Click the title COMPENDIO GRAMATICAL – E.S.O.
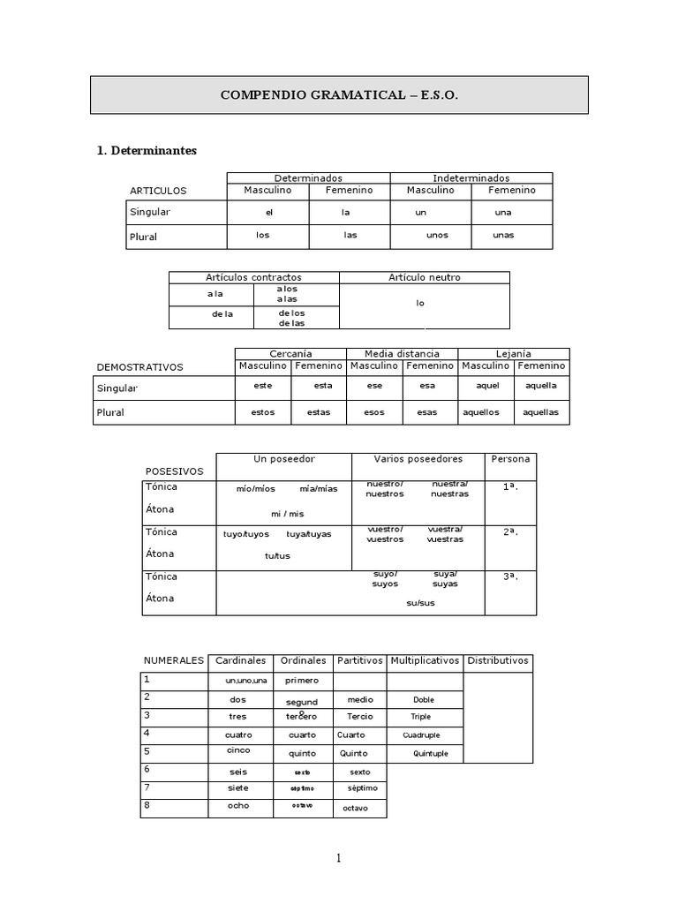click(x=339, y=94)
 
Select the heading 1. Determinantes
click(x=147, y=151)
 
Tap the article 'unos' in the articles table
click(x=437, y=236)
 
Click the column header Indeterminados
click(x=471, y=178)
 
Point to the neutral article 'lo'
click(x=420, y=303)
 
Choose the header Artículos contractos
click(x=253, y=277)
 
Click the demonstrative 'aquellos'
click(x=480, y=412)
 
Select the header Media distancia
click(x=402, y=354)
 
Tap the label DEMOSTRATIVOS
click(x=139, y=367)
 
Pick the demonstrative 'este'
click(x=262, y=386)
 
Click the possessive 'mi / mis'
click(x=287, y=514)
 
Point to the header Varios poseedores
click(x=417, y=459)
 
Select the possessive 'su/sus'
click(x=420, y=603)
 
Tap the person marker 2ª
click(x=510, y=532)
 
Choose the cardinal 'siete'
click(x=238, y=787)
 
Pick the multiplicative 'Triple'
click(x=420, y=717)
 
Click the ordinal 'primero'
click(x=302, y=681)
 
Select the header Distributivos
click(x=498, y=660)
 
